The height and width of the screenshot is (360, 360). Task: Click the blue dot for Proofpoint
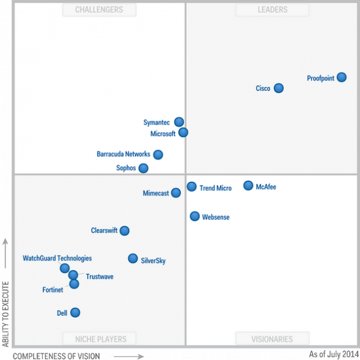(x=341, y=77)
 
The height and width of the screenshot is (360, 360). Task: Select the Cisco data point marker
(x=279, y=88)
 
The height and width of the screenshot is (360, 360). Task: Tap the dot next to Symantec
(x=179, y=122)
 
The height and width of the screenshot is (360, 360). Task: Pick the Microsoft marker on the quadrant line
(x=183, y=133)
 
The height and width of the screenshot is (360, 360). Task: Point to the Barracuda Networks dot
(x=158, y=155)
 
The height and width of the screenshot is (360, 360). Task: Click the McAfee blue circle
(x=248, y=185)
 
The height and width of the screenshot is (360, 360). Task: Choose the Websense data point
(x=194, y=216)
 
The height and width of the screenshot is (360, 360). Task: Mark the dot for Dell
(x=75, y=313)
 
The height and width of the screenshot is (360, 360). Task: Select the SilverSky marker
(x=133, y=259)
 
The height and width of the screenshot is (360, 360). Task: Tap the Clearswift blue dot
(x=124, y=231)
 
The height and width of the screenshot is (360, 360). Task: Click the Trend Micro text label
(x=215, y=188)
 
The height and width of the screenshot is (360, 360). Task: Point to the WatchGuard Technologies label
(x=57, y=258)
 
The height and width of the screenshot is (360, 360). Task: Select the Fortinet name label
(x=53, y=290)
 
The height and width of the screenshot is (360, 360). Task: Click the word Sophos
(x=126, y=168)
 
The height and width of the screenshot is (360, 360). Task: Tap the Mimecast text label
(x=156, y=193)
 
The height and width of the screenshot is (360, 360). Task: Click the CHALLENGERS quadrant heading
(x=99, y=10)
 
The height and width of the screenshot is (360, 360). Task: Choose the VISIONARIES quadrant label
(x=272, y=339)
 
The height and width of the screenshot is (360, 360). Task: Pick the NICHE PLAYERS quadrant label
(x=101, y=339)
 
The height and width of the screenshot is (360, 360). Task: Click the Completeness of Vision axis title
(x=56, y=356)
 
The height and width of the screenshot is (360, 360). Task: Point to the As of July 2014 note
(x=334, y=354)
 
